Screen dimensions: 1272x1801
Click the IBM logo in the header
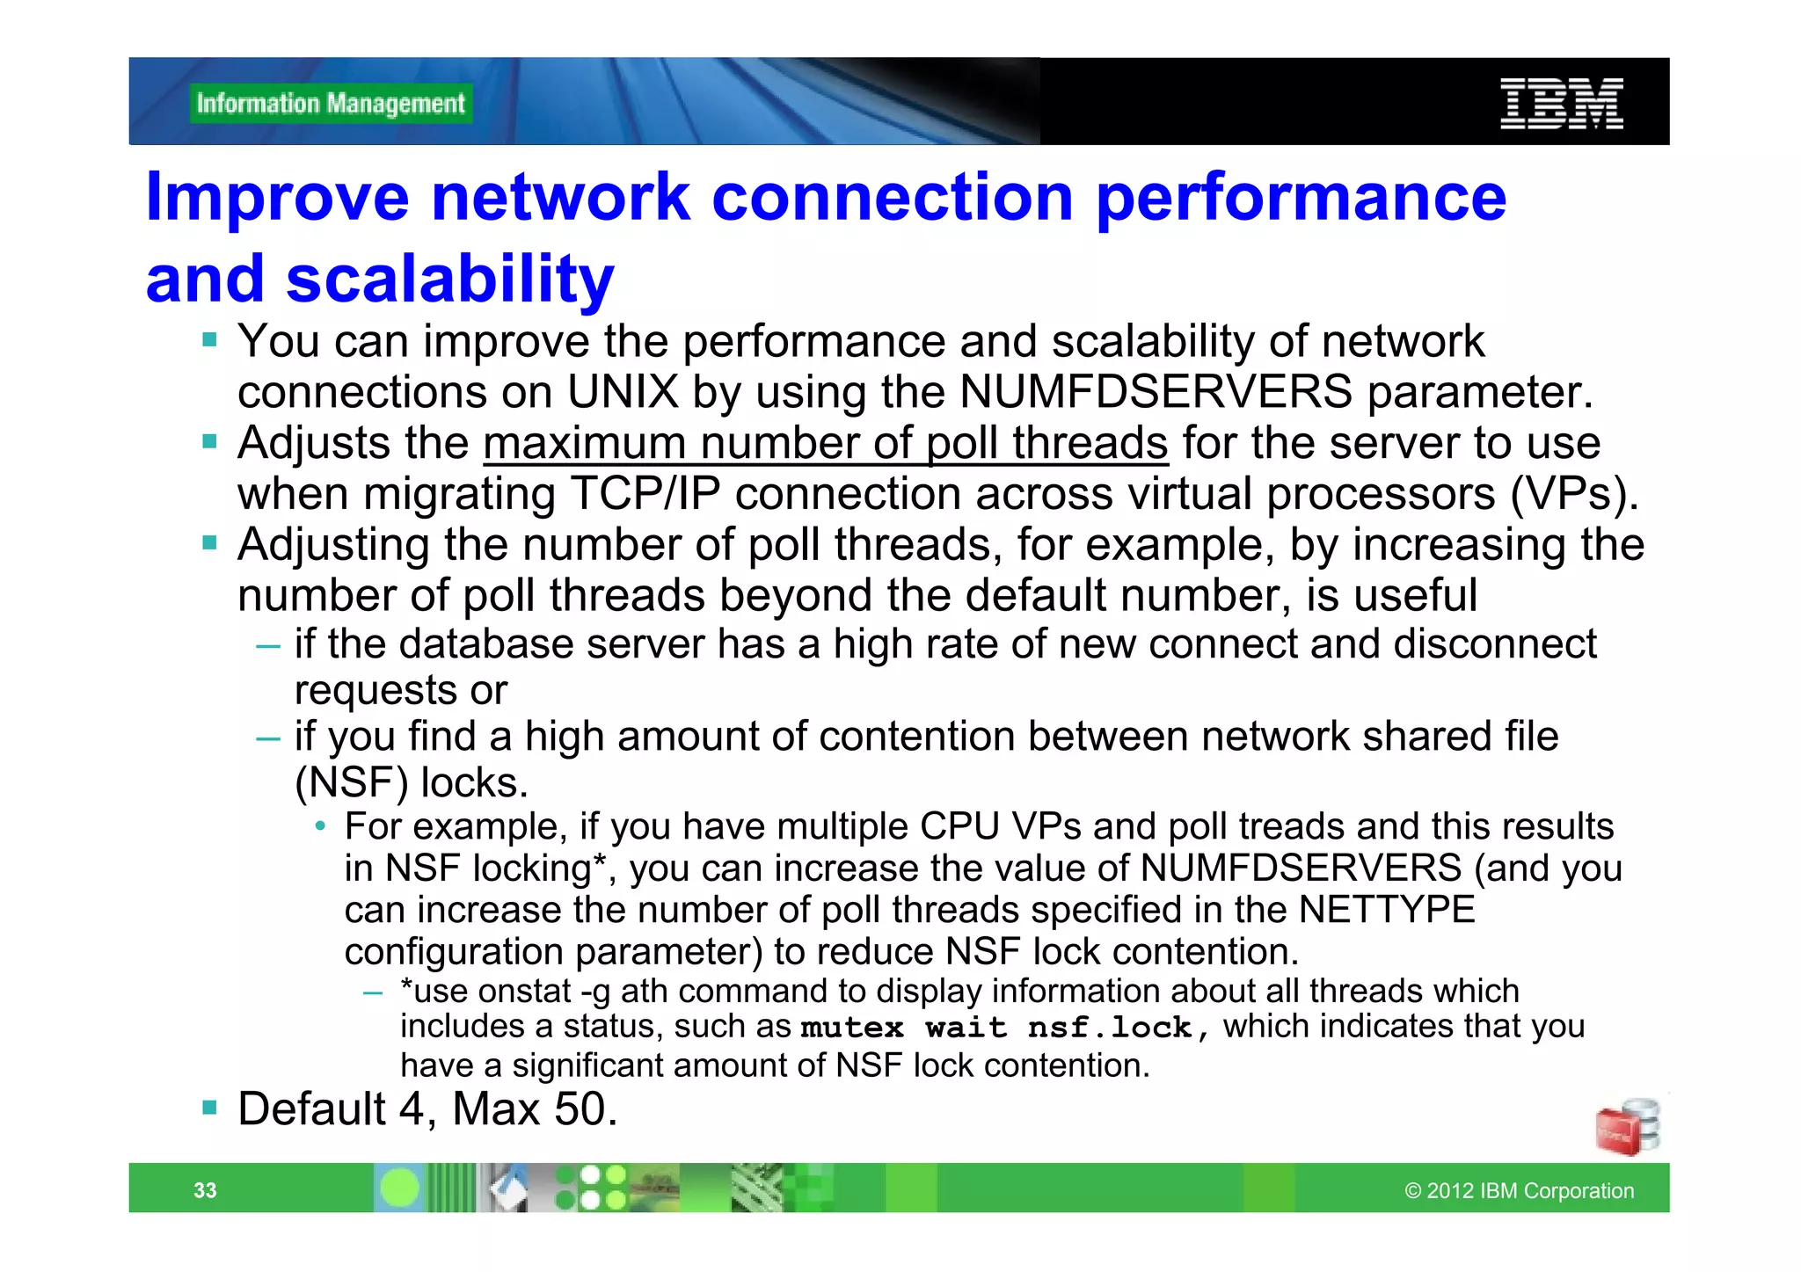coord(1561,104)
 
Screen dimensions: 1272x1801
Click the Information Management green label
coord(330,104)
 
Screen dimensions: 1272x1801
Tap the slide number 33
coord(205,1190)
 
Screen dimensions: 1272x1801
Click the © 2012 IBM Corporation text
coord(1519,1190)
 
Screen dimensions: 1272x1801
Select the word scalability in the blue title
coord(449,279)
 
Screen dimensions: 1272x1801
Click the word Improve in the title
coord(277,197)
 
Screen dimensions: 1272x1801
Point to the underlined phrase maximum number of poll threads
coord(825,443)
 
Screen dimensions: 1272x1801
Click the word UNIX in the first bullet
coord(623,392)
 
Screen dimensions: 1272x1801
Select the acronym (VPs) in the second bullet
coord(1574,494)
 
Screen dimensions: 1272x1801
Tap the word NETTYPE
coord(1387,910)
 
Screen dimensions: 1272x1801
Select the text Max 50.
coord(535,1109)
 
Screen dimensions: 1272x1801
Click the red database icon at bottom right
coord(1627,1128)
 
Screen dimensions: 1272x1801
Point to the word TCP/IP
coord(645,494)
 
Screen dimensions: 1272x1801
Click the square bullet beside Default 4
coord(209,1108)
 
